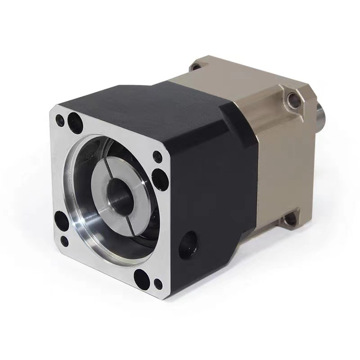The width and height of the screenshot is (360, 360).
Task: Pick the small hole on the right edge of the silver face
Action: tap(157, 157)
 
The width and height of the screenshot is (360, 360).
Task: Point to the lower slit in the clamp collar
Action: tap(126, 218)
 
